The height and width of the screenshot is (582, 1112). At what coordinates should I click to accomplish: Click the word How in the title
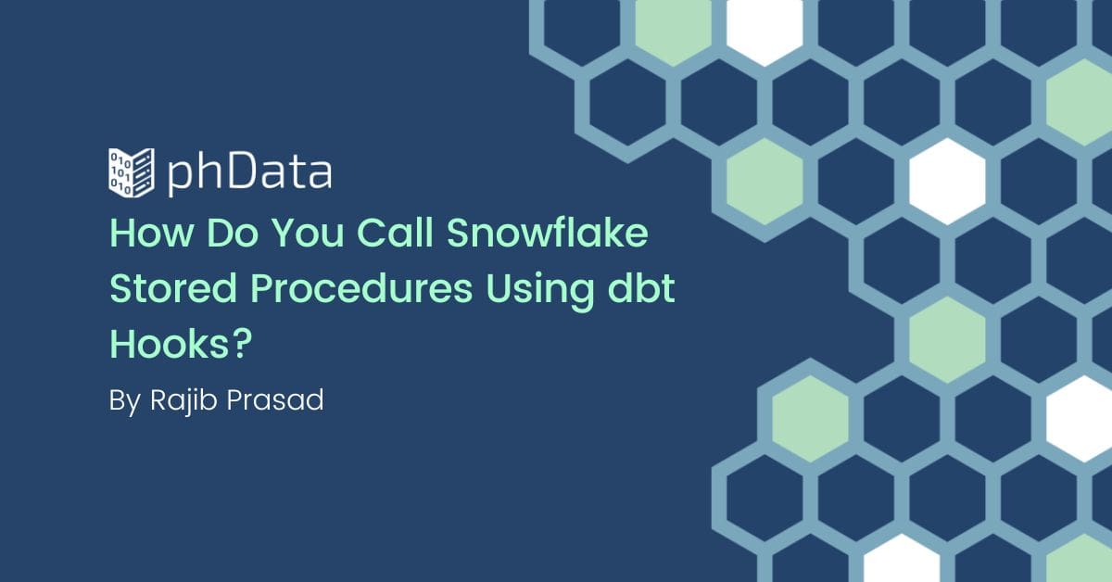pyautogui.click(x=151, y=233)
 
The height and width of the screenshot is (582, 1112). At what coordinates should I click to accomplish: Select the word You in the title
pyautogui.click(x=308, y=233)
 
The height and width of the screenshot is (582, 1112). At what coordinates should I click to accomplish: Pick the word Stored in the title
pyautogui.click(x=172, y=288)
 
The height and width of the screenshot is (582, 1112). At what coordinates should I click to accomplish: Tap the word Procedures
pyautogui.click(x=361, y=288)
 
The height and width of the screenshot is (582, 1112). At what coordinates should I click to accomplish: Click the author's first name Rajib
pyautogui.click(x=183, y=400)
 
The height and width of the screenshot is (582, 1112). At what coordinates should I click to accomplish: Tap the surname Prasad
pyautogui.click(x=275, y=399)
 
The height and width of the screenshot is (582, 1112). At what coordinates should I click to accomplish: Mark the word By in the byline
pyautogui.click(x=125, y=401)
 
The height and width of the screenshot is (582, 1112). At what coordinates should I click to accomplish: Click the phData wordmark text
pyautogui.click(x=249, y=172)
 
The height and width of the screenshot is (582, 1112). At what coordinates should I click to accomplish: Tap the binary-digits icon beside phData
pyautogui.click(x=131, y=172)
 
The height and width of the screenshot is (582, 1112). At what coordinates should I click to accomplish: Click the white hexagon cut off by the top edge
pyautogui.click(x=764, y=27)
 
